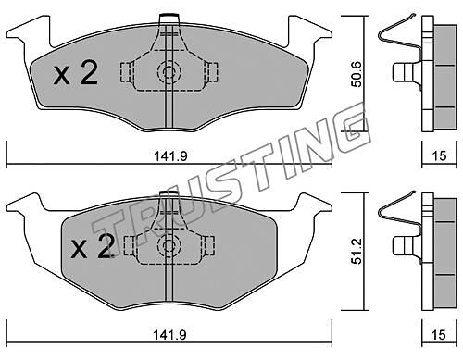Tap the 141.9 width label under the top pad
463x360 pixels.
(x=170, y=156)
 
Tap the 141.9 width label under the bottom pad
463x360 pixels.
(x=170, y=334)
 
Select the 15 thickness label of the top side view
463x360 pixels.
(x=439, y=156)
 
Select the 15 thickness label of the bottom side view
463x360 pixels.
(x=439, y=335)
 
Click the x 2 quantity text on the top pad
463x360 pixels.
(x=76, y=73)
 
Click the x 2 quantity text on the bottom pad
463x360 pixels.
(x=92, y=246)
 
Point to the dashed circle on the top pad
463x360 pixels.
(x=169, y=72)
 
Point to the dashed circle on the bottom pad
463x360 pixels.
(x=169, y=245)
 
